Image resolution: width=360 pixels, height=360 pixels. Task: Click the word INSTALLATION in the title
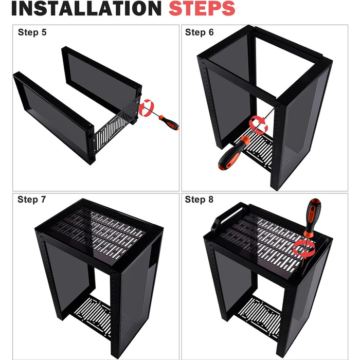pos(86,8)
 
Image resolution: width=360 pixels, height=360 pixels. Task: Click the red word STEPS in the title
pos(202,8)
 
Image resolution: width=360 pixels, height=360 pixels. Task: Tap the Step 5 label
pos(32,32)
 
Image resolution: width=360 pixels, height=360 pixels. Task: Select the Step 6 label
pos(200,32)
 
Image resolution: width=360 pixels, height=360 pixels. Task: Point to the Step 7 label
pos(32,200)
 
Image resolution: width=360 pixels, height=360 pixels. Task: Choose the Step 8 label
pos(199,200)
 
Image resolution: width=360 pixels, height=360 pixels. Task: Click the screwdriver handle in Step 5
pos(169,122)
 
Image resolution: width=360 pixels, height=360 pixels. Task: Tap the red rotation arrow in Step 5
pos(146,107)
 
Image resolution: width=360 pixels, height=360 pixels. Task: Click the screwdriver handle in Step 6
pos(233,153)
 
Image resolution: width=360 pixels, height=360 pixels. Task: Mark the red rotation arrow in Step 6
pos(258,125)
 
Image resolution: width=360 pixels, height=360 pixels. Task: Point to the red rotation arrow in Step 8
pos(304,249)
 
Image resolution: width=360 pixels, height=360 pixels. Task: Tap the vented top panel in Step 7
pos(99,232)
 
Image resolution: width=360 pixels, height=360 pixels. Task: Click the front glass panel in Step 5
pos(54,117)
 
